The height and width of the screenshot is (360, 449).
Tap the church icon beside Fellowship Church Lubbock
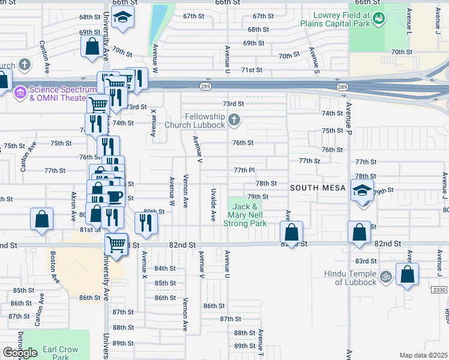(235, 121)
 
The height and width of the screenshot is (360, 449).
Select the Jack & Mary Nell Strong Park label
(245, 215)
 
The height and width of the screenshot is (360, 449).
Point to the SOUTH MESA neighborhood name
(318, 188)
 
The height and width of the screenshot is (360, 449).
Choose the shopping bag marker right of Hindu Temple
(407, 275)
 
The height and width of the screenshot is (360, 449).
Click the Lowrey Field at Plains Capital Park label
(343, 19)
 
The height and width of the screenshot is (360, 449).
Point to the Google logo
(20, 353)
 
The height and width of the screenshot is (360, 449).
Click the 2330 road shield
(439, 290)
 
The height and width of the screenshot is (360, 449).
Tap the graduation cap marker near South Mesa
(362, 191)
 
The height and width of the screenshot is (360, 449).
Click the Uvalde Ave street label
(213, 204)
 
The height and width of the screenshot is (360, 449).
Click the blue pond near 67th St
(159, 21)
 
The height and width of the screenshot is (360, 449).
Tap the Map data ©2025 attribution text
(423, 355)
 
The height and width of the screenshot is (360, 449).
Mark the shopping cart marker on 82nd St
(116, 244)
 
